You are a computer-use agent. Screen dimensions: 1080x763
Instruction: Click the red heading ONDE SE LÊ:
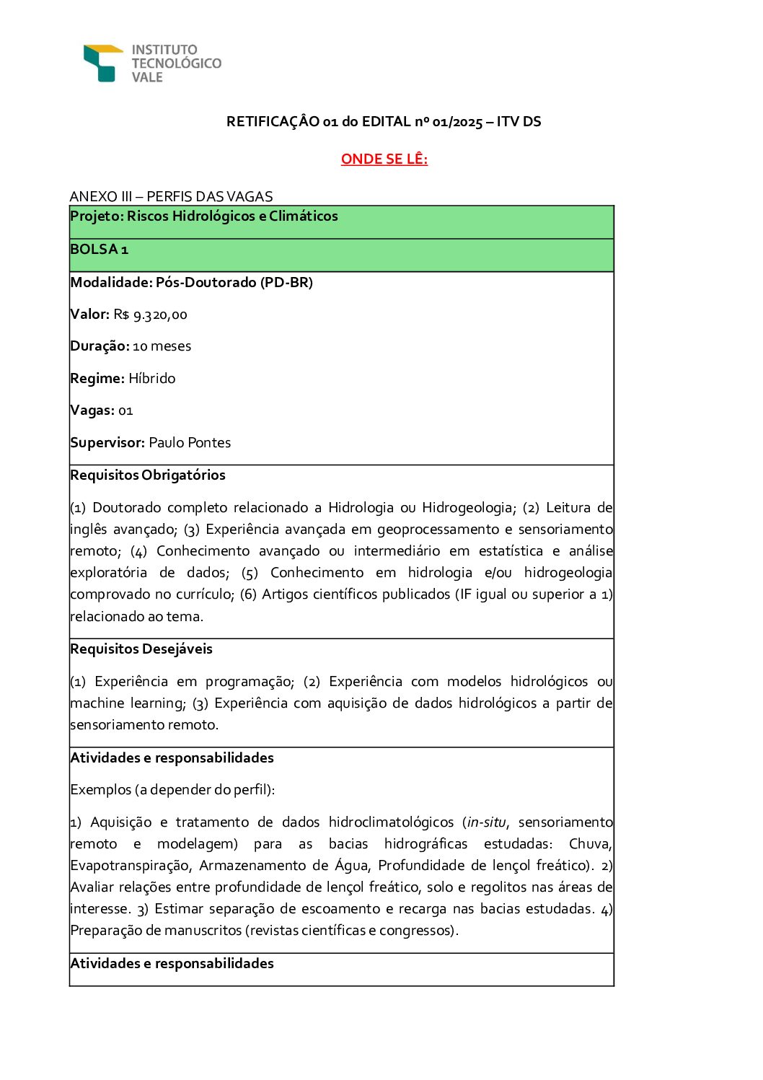(x=384, y=159)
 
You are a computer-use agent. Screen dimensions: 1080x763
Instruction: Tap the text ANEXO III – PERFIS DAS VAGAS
(x=171, y=196)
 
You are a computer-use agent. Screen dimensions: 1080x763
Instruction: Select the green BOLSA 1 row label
(x=99, y=250)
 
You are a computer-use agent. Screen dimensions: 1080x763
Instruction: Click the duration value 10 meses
(x=162, y=346)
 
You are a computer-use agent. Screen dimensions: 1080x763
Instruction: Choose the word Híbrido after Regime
(x=151, y=379)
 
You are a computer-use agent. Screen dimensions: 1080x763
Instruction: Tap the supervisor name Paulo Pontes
(x=190, y=443)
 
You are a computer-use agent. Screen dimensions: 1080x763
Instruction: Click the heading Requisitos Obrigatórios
(x=148, y=475)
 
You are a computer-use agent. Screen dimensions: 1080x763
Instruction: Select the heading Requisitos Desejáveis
(x=141, y=649)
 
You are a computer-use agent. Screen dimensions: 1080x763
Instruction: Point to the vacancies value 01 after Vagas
(x=125, y=411)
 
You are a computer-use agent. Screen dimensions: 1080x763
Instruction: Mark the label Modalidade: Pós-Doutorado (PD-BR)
(x=191, y=282)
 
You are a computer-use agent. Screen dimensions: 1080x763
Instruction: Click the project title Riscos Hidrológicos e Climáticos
(x=232, y=216)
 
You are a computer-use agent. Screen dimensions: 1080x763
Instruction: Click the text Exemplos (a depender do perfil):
(x=172, y=790)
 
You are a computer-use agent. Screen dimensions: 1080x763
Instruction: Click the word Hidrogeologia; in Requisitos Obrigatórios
(x=469, y=508)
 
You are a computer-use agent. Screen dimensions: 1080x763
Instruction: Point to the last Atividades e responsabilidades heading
(x=172, y=964)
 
